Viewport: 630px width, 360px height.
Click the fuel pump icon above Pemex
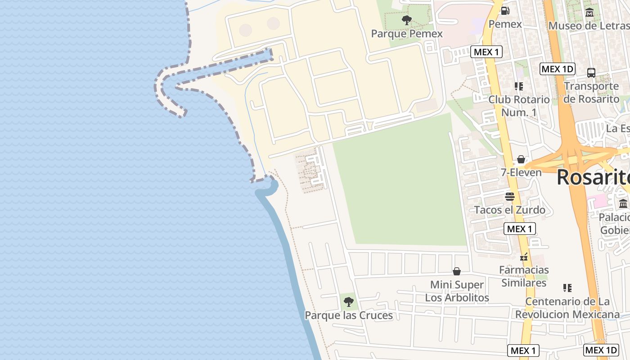point(505,10)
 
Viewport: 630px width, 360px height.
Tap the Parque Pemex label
point(406,34)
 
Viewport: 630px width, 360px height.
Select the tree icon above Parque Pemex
point(406,20)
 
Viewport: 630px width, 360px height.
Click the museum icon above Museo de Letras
point(589,13)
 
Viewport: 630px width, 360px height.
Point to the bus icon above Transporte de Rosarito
point(591,72)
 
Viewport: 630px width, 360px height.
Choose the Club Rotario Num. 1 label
point(519,106)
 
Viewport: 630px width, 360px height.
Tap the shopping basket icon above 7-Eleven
point(521,159)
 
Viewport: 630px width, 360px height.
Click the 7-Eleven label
point(521,172)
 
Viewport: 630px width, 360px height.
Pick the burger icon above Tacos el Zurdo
point(509,197)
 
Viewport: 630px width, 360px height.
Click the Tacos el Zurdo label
point(509,210)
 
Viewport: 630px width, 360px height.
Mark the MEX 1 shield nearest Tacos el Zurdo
point(519,229)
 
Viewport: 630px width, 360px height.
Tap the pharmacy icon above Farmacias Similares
point(524,257)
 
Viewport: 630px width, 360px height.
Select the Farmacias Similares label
point(524,276)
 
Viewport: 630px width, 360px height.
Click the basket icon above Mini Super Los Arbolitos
point(457,271)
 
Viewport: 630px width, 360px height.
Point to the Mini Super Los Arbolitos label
point(457,291)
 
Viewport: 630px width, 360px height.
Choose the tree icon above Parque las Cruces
point(348,302)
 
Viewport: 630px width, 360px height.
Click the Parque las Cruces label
point(349,315)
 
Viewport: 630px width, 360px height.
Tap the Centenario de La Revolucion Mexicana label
point(567,308)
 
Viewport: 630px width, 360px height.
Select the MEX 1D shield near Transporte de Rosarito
point(557,69)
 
